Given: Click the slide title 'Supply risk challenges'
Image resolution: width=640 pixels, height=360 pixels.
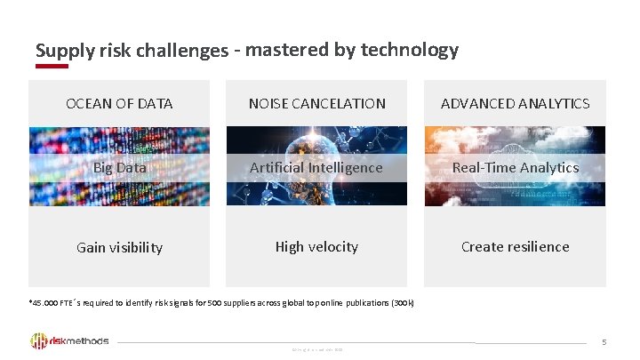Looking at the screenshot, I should click(132, 51).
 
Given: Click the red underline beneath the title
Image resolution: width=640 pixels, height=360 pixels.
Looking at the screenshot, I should click(52, 66).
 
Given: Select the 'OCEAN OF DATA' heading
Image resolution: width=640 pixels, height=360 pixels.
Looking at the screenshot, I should click(119, 104).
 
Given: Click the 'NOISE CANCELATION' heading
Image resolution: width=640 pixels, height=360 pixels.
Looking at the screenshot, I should click(316, 104).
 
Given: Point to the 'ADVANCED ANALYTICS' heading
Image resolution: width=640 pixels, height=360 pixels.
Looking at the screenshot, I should click(515, 104).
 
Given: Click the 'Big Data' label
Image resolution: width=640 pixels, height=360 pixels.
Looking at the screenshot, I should click(119, 167).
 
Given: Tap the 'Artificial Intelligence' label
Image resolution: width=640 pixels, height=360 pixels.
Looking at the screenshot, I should click(316, 167).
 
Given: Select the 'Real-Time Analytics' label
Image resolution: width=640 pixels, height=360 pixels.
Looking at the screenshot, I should click(515, 167).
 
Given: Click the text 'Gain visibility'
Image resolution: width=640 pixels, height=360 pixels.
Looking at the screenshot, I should click(119, 247).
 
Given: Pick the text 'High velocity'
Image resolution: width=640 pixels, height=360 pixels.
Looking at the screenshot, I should click(316, 246).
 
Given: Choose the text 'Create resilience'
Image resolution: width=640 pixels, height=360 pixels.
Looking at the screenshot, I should click(515, 246).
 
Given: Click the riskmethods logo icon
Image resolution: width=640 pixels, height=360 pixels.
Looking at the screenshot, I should click(39, 341).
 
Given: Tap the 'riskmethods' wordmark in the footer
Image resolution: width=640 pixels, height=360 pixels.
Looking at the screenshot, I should click(81, 341).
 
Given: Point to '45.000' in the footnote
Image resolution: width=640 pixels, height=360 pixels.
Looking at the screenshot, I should click(44, 303).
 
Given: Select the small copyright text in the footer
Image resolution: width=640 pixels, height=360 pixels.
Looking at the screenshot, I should click(317, 349).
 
